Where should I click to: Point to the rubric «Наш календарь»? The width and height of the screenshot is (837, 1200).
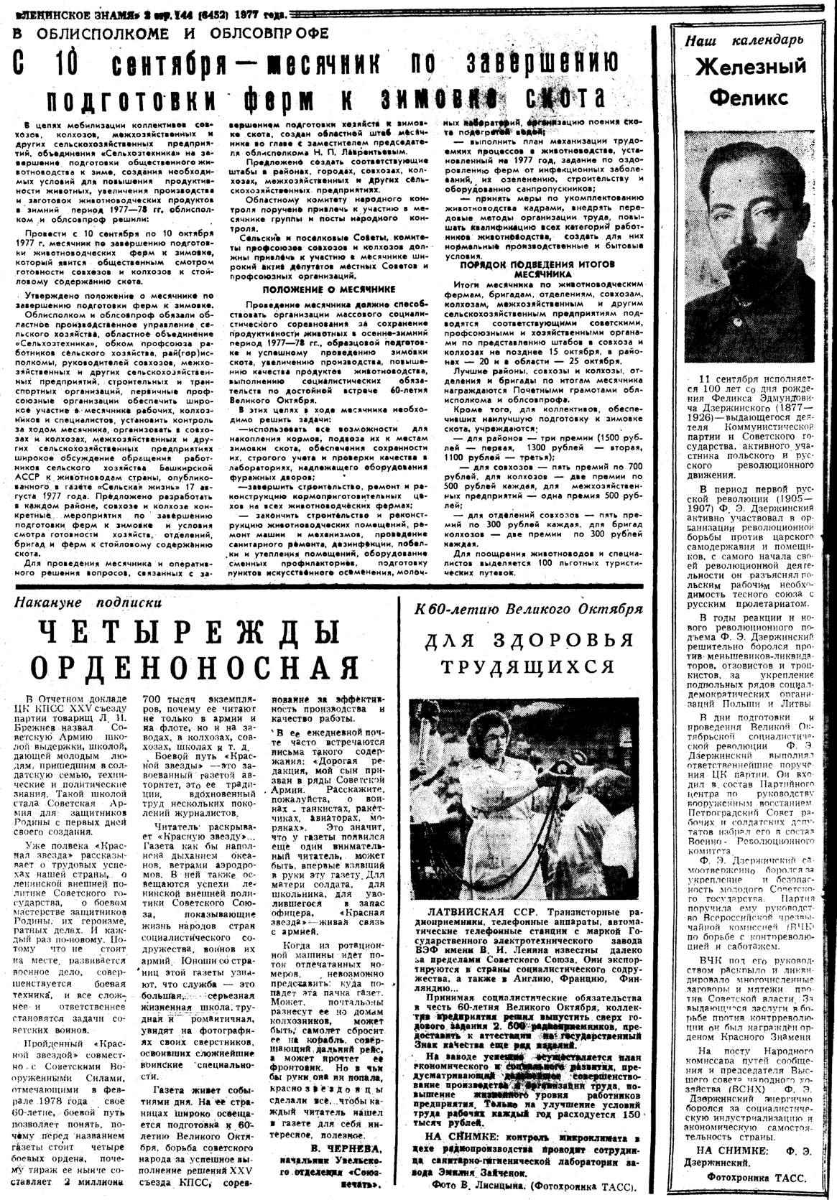pyautogui.click(x=744, y=41)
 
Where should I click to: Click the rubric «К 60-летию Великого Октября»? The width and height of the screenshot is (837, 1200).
pyautogui.click(x=528, y=609)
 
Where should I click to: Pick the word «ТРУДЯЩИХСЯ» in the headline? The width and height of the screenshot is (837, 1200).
pyautogui.click(x=528, y=666)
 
